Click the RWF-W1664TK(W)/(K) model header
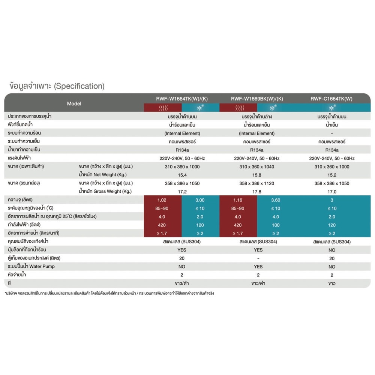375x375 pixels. [x=182, y=99]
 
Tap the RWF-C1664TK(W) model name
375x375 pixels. [x=332, y=99]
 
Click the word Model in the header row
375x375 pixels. [x=74, y=103]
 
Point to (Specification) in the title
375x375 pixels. [x=78, y=86]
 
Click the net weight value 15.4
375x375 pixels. [x=182, y=175]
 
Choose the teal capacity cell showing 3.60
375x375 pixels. [x=276, y=200]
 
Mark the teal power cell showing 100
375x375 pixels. [x=276, y=225]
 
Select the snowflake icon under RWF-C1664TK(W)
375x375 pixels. [x=332, y=108]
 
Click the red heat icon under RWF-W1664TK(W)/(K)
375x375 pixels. [x=162, y=108]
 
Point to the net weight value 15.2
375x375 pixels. [x=332, y=175]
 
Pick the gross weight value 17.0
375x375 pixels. [x=332, y=192]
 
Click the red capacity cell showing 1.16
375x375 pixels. [x=238, y=200]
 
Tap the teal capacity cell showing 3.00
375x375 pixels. [x=201, y=200]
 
